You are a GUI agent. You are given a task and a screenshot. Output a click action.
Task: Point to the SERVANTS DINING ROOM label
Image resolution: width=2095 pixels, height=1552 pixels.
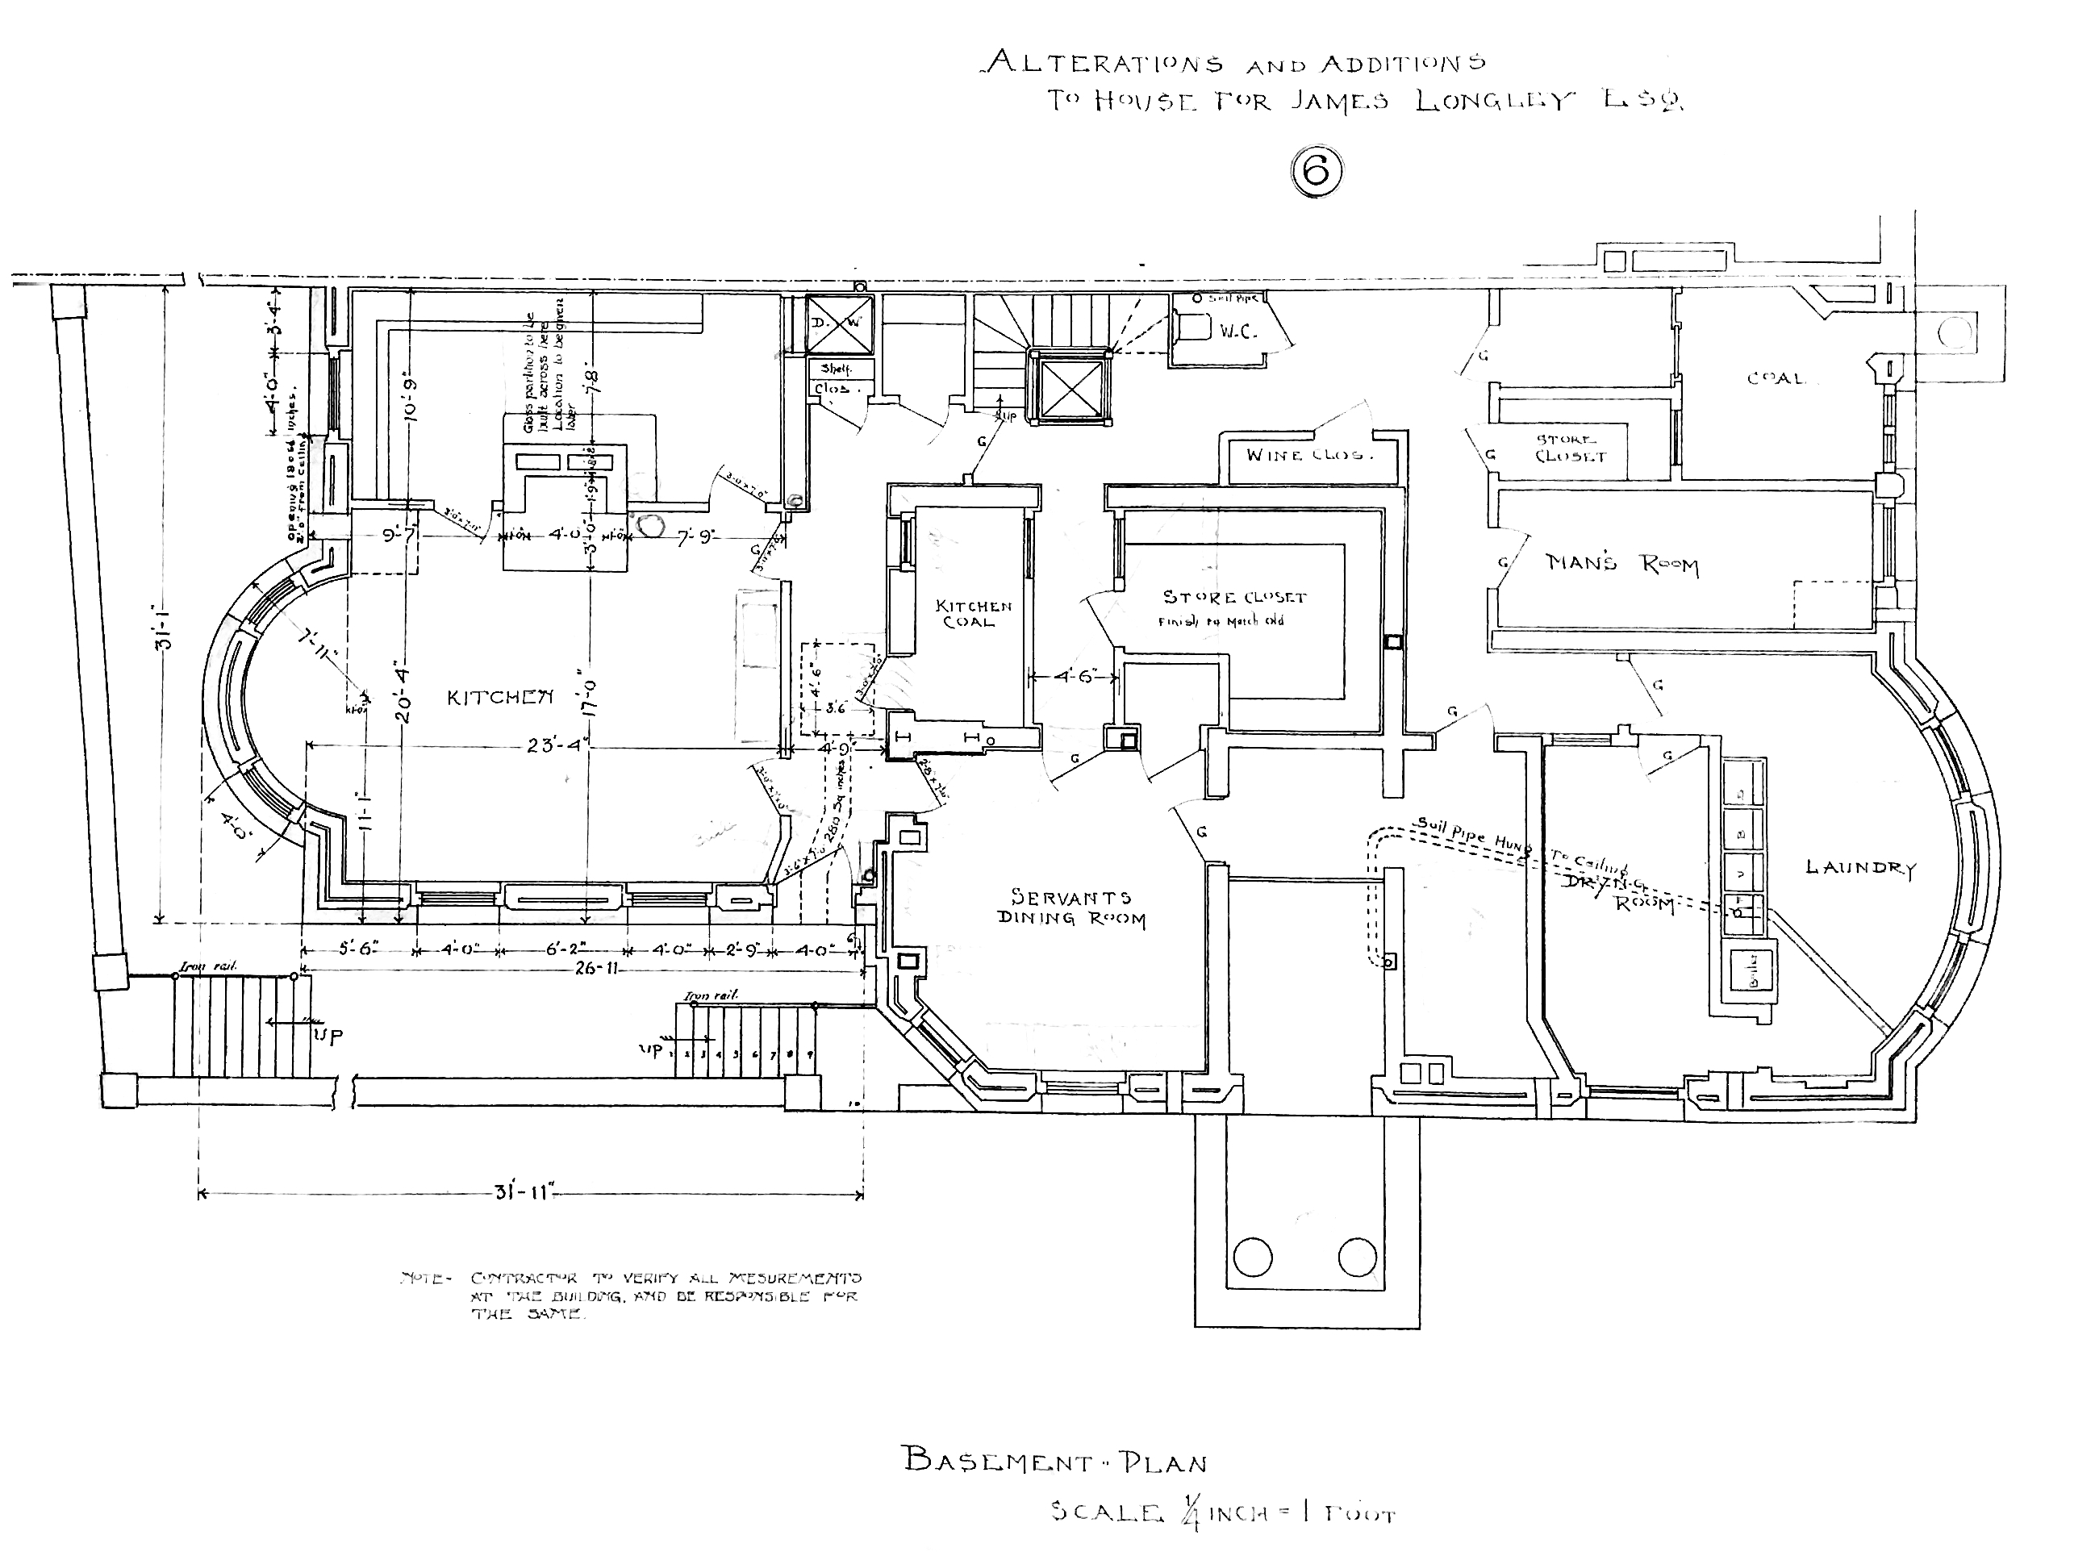pyautogui.click(x=1071, y=907)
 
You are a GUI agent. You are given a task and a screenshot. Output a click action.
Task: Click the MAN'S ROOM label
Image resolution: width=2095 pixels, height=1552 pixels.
pyautogui.click(x=1621, y=564)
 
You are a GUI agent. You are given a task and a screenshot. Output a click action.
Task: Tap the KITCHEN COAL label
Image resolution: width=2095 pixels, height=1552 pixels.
pyautogui.click(x=973, y=614)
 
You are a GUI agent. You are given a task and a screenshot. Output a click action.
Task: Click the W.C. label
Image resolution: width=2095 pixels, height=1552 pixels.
pyautogui.click(x=1238, y=332)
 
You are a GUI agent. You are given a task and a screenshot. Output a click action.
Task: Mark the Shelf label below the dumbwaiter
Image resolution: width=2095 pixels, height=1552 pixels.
pyautogui.click(x=835, y=369)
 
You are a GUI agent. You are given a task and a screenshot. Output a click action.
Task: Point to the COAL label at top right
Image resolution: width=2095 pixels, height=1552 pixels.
pyautogui.click(x=1775, y=378)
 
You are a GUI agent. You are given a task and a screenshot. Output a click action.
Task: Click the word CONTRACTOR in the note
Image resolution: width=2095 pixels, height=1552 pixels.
pyautogui.click(x=524, y=1279)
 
